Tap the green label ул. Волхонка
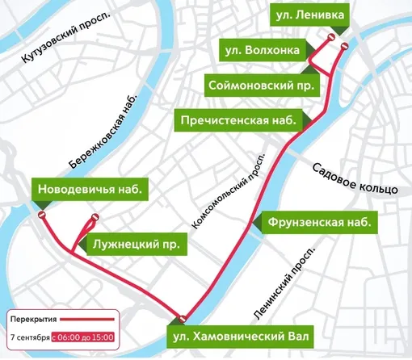(263, 51)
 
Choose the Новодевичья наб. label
(90, 190)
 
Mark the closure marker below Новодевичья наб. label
(41, 216)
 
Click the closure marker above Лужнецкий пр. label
(95, 216)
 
